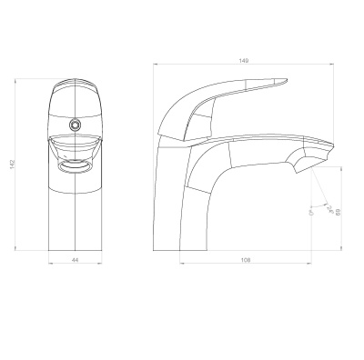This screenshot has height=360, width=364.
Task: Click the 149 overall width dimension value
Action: [244, 61]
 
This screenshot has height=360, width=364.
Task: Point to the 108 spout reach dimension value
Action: [245, 262]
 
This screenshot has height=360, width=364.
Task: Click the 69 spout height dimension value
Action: [339, 211]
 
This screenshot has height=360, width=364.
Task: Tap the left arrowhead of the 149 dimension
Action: [154, 65]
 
